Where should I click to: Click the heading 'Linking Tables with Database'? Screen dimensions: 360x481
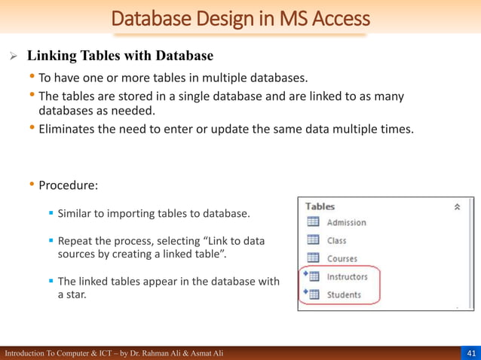[120, 56]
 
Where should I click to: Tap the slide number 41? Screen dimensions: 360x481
[470, 353]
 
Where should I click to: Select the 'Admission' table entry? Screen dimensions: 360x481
[346, 222]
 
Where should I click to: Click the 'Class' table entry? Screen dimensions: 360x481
[336, 240]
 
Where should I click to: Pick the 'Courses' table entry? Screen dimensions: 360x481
[342, 258]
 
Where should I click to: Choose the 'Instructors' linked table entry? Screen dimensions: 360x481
[347, 276]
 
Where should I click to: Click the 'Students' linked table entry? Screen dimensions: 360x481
[344, 294]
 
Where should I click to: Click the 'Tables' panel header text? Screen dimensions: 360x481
[320, 206]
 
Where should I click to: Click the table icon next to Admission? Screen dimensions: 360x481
[313, 222]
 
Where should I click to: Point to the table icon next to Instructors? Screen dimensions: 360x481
[314, 276]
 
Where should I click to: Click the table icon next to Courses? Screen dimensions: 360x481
[313, 258]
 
